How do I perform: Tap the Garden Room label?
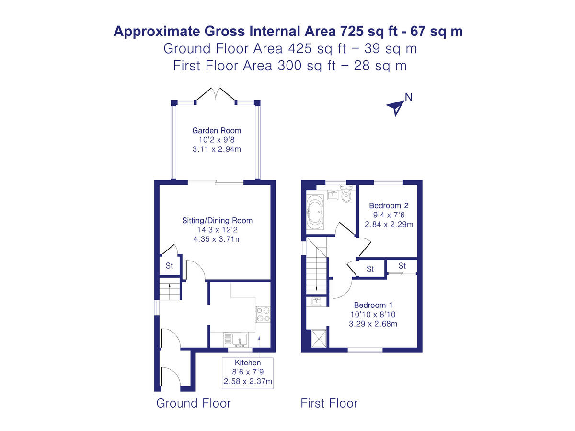click(217, 130)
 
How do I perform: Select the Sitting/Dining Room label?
click(217, 221)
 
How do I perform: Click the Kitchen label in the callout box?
click(248, 363)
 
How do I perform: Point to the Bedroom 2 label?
click(389, 205)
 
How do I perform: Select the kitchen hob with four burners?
click(263, 314)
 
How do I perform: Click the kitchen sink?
click(240, 340)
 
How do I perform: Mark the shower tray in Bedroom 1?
click(317, 338)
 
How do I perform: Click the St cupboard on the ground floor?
click(169, 266)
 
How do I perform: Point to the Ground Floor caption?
click(194, 403)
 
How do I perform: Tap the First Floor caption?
click(329, 403)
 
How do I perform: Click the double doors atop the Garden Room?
click(216, 95)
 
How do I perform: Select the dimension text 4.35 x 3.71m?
click(217, 238)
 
